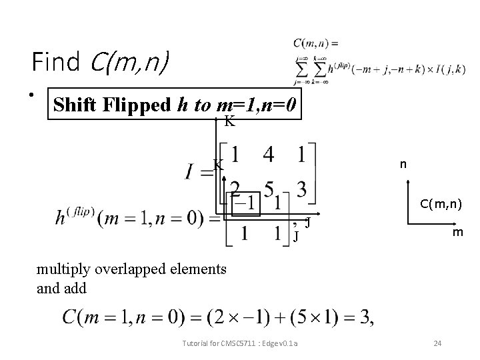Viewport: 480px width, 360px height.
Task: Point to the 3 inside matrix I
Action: click(x=301, y=189)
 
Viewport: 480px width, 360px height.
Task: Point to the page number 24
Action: click(x=437, y=343)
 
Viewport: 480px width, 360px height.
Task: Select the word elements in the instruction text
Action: click(x=193, y=270)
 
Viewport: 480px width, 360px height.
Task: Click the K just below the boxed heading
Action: click(x=229, y=121)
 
